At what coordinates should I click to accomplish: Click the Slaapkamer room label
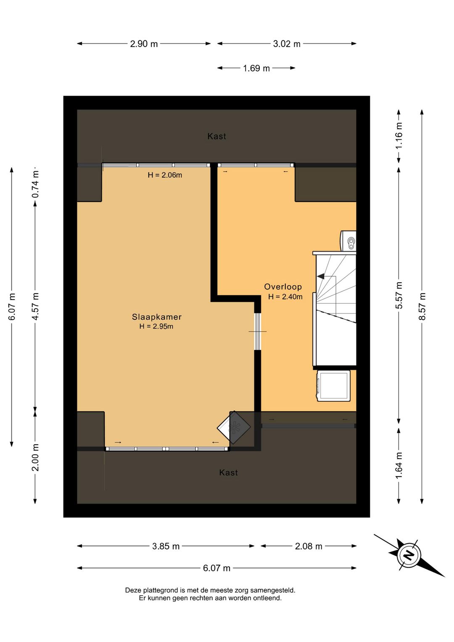click(x=157, y=317)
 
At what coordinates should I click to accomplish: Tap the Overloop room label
click(x=283, y=287)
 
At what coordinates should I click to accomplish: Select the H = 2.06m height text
click(x=165, y=175)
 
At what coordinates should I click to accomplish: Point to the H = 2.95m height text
click(x=156, y=326)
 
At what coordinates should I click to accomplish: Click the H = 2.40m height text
click(x=285, y=297)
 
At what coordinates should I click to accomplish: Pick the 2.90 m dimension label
click(x=144, y=44)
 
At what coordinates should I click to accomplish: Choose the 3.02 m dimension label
click(x=287, y=44)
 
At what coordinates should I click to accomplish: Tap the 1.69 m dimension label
click(x=256, y=68)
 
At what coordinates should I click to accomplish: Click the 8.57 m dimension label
click(x=422, y=306)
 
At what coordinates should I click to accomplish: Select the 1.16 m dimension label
click(x=399, y=135)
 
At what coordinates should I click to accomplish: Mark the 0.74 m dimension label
click(x=35, y=184)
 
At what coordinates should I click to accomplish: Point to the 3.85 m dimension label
click(x=166, y=546)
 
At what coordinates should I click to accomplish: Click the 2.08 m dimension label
click(x=309, y=546)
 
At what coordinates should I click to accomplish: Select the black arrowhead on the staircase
click(x=321, y=276)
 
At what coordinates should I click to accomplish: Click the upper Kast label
click(x=216, y=136)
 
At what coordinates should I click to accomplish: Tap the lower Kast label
click(x=228, y=472)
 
